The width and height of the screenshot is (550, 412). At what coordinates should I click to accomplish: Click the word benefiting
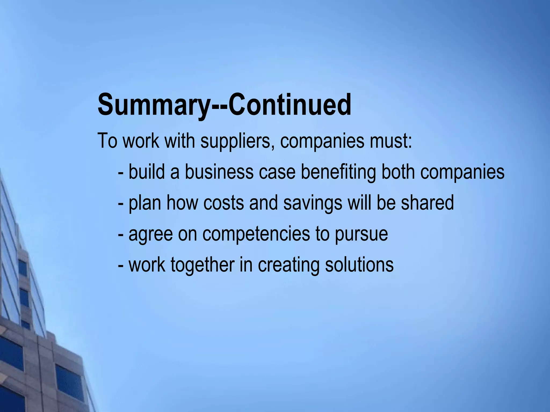click(338, 172)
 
